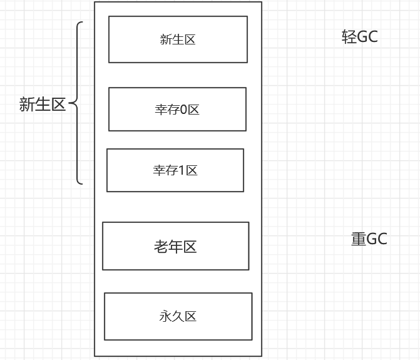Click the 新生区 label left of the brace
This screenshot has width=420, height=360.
point(42,105)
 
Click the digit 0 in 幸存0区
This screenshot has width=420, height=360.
point(183,110)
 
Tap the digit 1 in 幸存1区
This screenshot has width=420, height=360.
point(182,170)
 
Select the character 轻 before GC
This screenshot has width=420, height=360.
point(349,37)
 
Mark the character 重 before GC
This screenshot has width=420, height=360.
point(359,239)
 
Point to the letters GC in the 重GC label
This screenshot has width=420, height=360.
point(377,239)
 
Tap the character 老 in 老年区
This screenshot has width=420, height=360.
point(161,247)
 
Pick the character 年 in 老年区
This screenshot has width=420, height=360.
point(175,247)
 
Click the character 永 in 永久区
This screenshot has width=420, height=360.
point(165,316)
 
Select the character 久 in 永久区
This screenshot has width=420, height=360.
point(178,316)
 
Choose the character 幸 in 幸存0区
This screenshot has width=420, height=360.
point(161,110)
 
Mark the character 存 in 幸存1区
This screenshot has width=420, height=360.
point(172,170)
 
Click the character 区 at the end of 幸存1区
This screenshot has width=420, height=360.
point(192,170)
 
